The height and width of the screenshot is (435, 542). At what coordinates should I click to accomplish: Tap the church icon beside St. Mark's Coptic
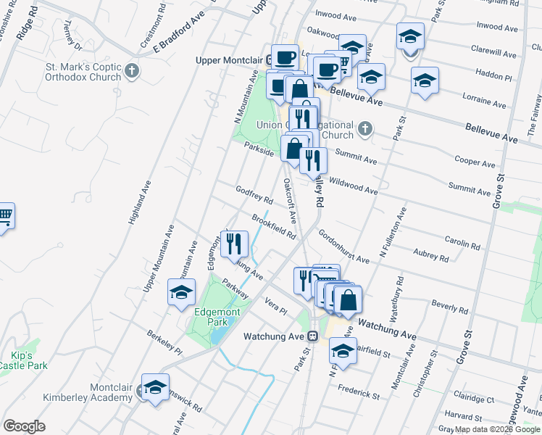pyautogui.click(x=131, y=71)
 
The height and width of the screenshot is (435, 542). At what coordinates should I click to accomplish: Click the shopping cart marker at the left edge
pyautogui.click(x=4, y=216)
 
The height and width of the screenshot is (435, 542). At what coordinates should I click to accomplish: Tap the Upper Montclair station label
pyautogui.click(x=229, y=59)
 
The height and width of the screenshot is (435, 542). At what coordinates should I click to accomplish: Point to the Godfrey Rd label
pyautogui.click(x=254, y=194)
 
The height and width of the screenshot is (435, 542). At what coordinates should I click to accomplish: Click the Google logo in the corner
pyautogui.click(x=24, y=426)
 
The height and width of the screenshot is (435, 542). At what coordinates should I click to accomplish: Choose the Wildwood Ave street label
pyautogui.click(x=353, y=185)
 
